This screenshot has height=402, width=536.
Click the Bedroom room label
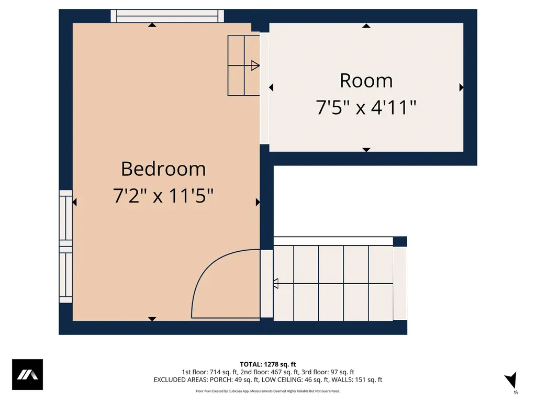point(163,169)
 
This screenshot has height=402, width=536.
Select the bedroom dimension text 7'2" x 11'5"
point(163,196)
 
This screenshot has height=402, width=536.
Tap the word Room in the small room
point(366,81)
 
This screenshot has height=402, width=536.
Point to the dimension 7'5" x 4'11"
point(366,108)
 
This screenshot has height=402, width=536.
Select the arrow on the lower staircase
point(276,284)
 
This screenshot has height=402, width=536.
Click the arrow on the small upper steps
point(255,65)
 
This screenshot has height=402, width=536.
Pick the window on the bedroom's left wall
point(65,246)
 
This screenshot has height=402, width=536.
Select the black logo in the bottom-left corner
point(27,375)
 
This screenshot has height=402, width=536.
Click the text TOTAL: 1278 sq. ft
point(268,364)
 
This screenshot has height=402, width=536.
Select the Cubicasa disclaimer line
point(268,391)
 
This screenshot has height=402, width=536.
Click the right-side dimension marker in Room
point(461,87)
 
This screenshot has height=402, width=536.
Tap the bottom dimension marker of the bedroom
point(152,318)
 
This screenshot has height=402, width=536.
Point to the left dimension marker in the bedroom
point(75,202)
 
